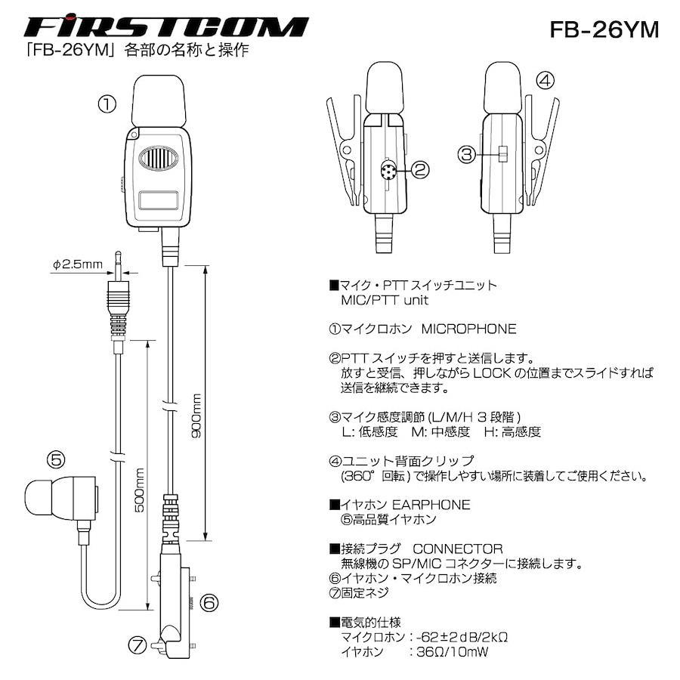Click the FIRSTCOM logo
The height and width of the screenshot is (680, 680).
tap(166, 26)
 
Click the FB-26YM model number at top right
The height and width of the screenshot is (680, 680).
tap(604, 29)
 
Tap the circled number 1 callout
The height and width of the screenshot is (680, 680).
tap(107, 104)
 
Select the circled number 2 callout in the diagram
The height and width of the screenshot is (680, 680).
tap(419, 169)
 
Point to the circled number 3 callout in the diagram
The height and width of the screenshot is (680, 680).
tap(467, 154)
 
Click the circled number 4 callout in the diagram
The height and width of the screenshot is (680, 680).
tap(545, 80)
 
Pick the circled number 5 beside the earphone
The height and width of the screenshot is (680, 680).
tap(57, 459)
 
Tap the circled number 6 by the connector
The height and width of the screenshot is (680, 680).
tap(209, 602)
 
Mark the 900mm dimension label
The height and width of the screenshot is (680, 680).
tap(196, 416)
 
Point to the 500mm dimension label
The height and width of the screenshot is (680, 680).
tap(139, 490)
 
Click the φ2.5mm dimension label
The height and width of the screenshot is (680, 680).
tap(78, 264)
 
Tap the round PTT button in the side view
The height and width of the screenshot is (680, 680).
tap(388, 170)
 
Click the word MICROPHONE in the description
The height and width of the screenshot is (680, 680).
tap(468, 329)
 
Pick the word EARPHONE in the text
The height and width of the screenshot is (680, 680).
tap(431, 505)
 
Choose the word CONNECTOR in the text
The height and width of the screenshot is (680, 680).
tap(458, 549)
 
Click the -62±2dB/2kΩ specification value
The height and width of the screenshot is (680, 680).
tap(462, 637)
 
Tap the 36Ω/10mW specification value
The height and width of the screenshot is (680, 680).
tap(453, 652)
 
